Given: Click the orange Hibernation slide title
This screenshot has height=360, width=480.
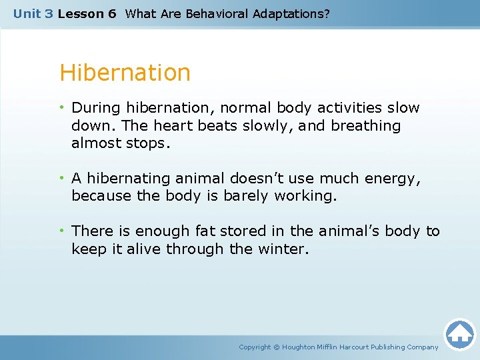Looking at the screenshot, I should [x=125, y=73].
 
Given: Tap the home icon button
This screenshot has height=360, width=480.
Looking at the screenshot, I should [x=459, y=334].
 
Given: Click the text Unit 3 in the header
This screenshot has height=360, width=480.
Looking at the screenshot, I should [x=33, y=13].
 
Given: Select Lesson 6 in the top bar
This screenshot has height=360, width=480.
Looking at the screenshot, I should [x=87, y=13].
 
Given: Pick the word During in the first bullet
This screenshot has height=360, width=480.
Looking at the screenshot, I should [x=93, y=107].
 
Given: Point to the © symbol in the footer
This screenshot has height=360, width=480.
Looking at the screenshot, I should [x=277, y=347].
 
